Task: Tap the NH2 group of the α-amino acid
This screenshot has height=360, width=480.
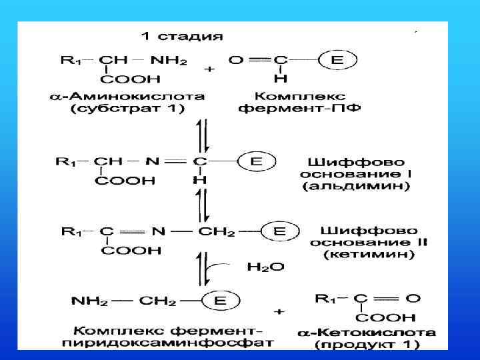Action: (x=169, y=61)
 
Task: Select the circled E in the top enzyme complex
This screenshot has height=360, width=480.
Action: (x=337, y=60)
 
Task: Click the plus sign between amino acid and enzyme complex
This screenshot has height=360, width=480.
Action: (x=210, y=69)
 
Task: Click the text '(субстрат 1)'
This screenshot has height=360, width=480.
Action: (x=127, y=109)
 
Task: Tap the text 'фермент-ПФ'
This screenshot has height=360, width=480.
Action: (x=299, y=109)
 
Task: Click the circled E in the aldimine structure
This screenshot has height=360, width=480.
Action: (x=256, y=161)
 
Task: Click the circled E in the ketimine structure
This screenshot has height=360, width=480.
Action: (x=279, y=231)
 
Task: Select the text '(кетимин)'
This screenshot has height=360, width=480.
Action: (x=369, y=254)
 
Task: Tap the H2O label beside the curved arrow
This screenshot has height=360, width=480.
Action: (x=265, y=267)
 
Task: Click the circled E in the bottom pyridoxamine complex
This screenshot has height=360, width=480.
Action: (x=219, y=301)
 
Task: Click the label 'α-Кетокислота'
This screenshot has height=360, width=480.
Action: (x=366, y=331)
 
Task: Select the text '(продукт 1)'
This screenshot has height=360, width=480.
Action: (x=367, y=345)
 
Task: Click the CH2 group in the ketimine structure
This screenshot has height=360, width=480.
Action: (x=217, y=231)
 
